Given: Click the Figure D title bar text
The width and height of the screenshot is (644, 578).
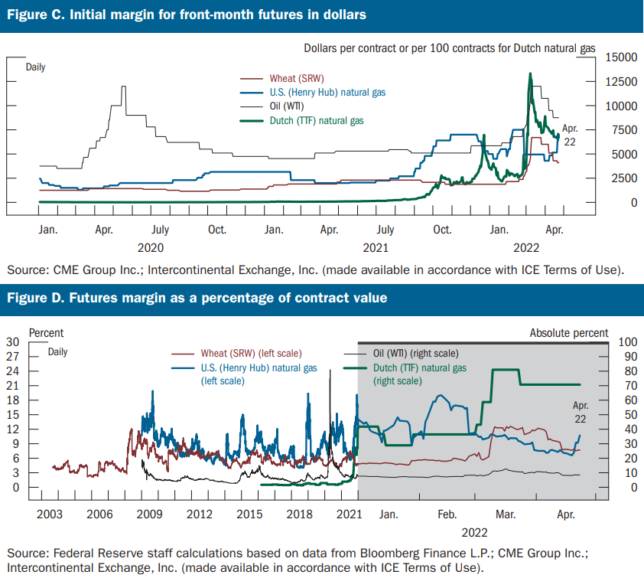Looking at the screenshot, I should tap(197, 298).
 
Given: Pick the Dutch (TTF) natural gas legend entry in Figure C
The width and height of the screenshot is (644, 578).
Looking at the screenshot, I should tap(316, 121).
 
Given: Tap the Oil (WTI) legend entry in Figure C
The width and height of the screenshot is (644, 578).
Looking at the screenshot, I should tap(287, 106).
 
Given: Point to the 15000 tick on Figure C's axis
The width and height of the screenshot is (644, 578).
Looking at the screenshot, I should tap(621, 57).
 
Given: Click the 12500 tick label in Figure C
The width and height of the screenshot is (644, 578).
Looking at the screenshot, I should tap(621, 82).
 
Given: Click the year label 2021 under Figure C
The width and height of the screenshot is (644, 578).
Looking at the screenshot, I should tap(375, 247).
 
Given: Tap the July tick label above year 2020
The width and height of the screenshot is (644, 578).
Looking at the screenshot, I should tap(159, 229).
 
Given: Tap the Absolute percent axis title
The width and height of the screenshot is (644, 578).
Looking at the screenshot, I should tap(570, 333).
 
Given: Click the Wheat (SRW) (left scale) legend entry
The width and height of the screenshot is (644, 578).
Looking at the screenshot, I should tap(252, 353).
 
